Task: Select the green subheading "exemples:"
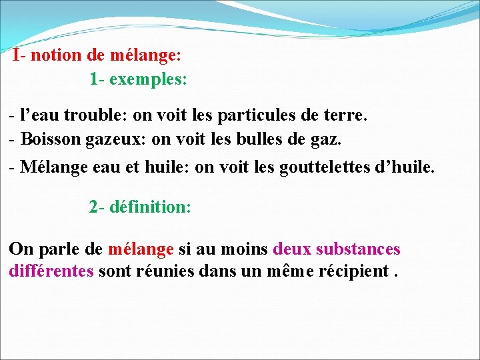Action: (148, 80)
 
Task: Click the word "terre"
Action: (344, 115)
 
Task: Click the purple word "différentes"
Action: (51, 271)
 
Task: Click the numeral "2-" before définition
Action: (97, 207)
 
